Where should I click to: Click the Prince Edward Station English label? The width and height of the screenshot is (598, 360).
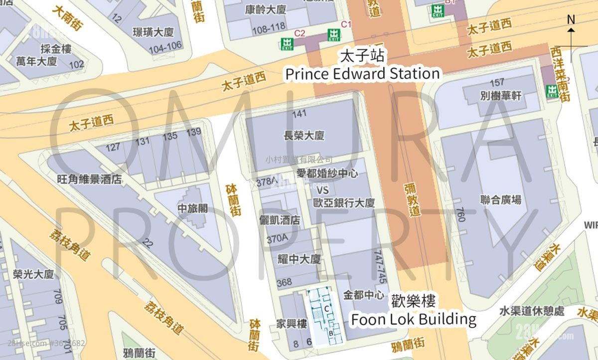[x=362, y=74]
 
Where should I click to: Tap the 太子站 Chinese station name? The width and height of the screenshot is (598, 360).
[x=362, y=55]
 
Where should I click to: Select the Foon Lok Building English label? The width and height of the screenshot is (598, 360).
[x=414, y=319]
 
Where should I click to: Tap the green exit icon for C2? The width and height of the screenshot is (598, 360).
[x=287, y=43]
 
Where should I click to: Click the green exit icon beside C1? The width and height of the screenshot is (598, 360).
[x=333, y=35]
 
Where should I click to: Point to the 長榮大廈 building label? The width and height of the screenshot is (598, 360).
[x=303, y=135]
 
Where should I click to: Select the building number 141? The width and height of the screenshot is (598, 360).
[x=299, y=114]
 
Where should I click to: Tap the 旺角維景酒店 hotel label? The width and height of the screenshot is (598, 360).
[x=89, y=179]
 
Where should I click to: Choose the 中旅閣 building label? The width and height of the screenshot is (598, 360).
[x=192, y=208]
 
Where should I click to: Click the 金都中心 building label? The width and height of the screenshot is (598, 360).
[x=364, y=294]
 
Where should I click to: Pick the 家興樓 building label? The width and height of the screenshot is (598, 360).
[x=292, y=324]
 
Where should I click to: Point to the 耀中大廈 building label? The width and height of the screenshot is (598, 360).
[x=299, y=259]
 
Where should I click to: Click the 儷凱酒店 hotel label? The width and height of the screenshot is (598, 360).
[x=280, y=220]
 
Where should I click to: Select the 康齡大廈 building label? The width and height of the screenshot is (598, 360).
[x=265, y=9]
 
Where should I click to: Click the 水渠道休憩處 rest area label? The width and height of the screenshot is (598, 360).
[x=532, y=311]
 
